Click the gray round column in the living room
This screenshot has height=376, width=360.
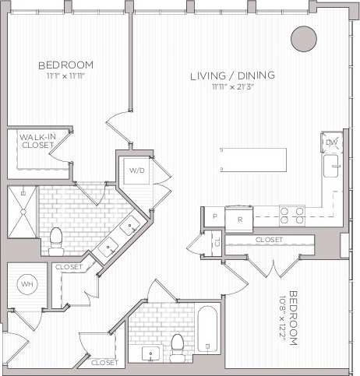(x=303, y=38)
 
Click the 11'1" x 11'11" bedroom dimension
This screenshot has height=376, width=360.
(x=65, y=76)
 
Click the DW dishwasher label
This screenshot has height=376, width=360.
(x=331, y=142)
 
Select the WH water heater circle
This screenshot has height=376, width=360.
(x=27, y=284)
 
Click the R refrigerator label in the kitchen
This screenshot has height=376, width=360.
(x=240, y=219)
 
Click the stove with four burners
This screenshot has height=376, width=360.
(x=291, y=213)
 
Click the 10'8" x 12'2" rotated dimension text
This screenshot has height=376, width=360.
(x=293, y=319)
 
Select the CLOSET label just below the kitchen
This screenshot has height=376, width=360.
(x=269, y=241)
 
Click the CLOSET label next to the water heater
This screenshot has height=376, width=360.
(x=69, y=267)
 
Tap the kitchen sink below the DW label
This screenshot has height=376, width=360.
(x=332, y=164)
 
